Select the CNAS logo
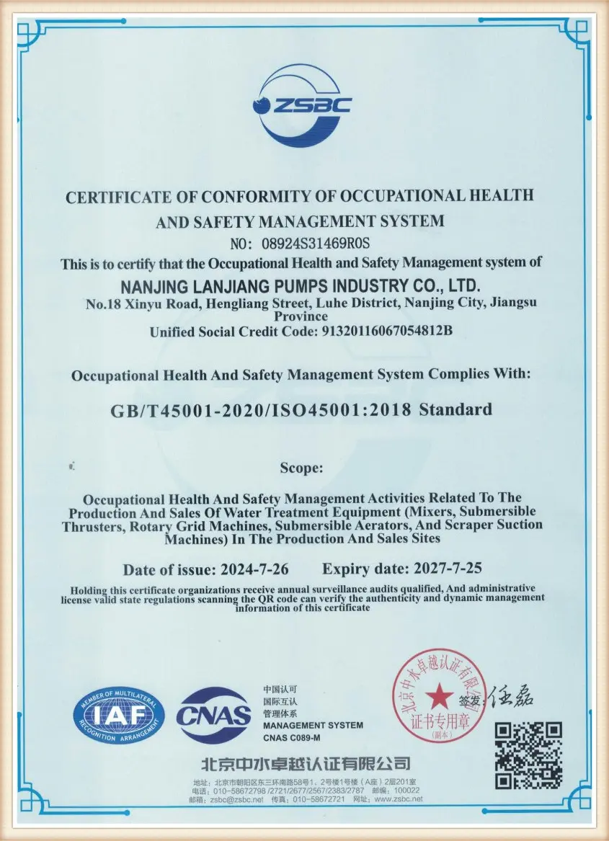[x=214, y=715]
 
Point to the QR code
[x=529, y=755]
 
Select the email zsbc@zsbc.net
[x=228, y=799]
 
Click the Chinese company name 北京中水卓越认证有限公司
[x=306, y=763]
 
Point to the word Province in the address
[x=301, y=316]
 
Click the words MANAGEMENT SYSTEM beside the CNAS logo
[x=313, y=724]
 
